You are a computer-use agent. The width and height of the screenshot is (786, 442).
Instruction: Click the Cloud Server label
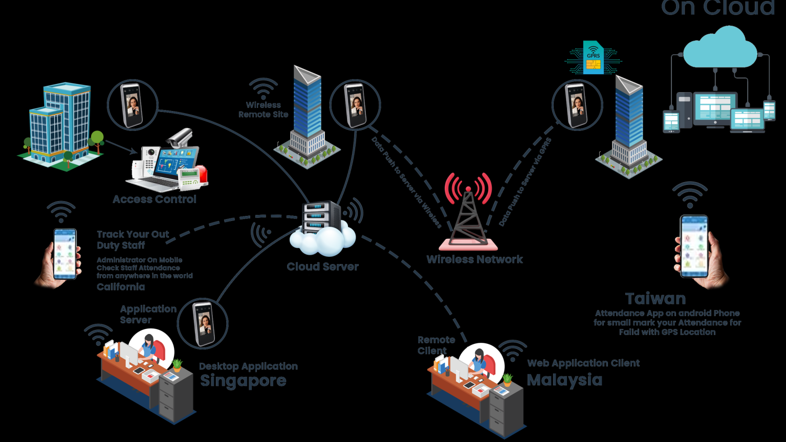[322, 267]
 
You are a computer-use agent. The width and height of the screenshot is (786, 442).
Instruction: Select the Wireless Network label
[474, 259]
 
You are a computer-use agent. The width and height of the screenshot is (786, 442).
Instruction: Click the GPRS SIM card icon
[593, 57]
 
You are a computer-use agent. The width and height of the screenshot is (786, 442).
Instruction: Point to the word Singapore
[243, 381]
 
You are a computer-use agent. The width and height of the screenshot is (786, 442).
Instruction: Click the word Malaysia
[564, 380]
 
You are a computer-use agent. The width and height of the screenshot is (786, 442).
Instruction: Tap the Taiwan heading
[656, 298]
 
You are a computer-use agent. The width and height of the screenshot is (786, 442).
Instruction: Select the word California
[121, 286]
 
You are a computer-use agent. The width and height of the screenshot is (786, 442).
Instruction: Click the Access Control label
[155, 199]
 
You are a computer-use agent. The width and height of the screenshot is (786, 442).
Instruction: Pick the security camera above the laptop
[179, 137]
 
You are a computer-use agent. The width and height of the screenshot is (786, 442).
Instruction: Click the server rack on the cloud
[321, 217]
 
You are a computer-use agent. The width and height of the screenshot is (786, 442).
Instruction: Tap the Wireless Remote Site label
[264, 109]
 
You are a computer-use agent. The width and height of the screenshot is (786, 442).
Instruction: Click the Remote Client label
[435, 345]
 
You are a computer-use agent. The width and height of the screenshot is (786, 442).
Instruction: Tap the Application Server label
[148, 314]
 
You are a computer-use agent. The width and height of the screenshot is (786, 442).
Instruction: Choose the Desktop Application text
[248, 366]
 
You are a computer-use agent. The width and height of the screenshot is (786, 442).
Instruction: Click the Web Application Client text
[583, 363]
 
